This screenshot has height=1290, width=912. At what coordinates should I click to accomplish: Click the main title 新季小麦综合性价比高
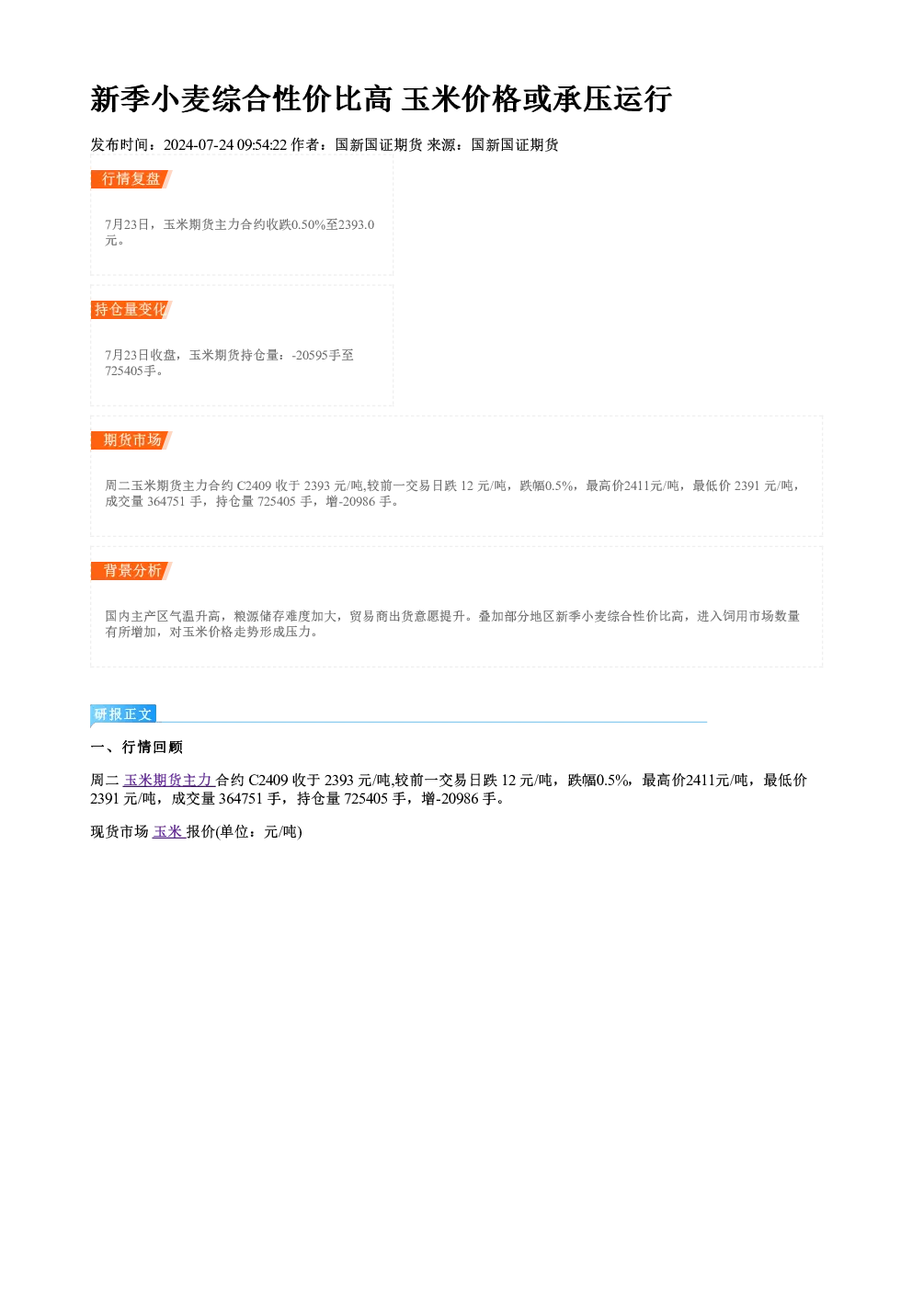[241, 99]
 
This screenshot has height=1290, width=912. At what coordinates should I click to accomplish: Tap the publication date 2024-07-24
[199, 145]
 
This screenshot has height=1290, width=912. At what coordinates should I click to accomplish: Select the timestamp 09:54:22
[262, 145]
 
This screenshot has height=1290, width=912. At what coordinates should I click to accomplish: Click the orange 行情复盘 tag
[131, 179]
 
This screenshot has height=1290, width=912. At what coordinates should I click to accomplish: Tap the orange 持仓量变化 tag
[131, 310]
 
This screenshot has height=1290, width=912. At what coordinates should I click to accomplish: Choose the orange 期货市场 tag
[131, 440]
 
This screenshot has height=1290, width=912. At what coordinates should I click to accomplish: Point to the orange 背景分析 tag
[131, 571]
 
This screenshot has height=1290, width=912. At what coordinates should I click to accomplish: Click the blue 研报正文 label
[123, 714]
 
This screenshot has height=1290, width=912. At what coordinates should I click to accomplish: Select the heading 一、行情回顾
[136, 748]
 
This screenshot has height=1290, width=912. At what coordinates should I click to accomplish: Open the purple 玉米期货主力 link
[169, 781]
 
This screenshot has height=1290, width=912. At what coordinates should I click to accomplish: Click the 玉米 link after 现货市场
[168, 831]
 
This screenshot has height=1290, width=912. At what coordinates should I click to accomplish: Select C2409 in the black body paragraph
[268, 781]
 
